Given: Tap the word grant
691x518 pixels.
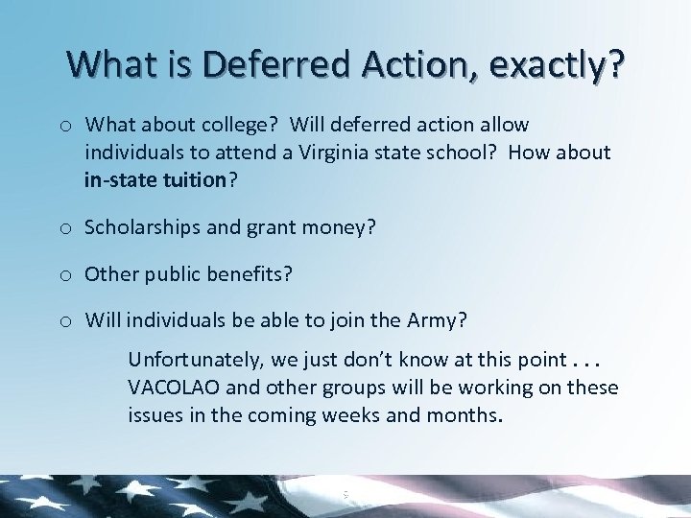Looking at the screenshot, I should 274,228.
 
